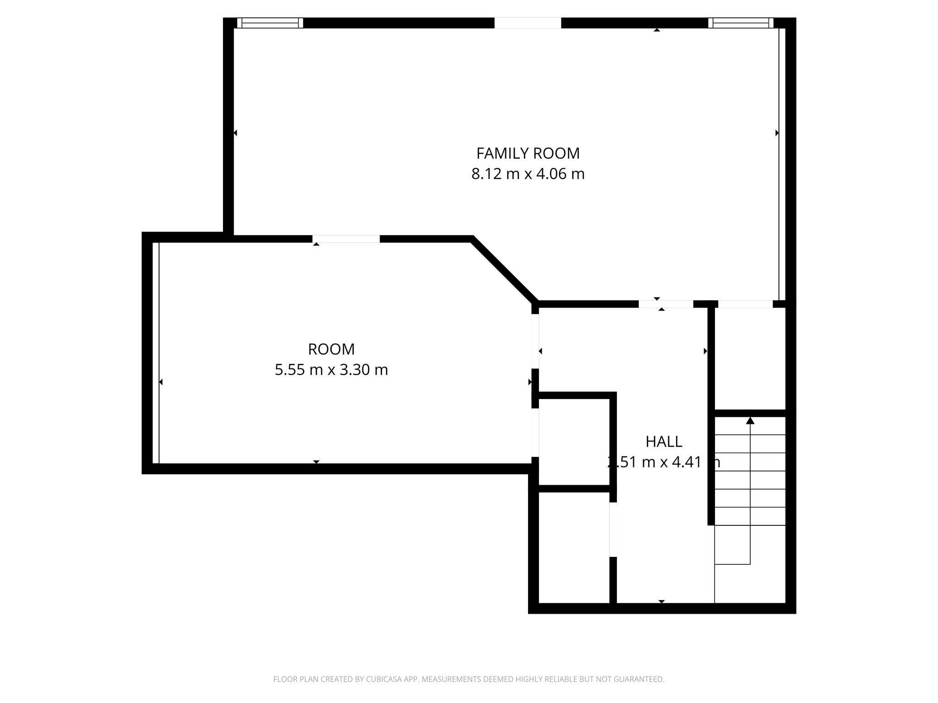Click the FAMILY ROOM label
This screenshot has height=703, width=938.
click(528, 153)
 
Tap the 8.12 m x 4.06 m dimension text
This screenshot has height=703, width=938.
click(528, 174)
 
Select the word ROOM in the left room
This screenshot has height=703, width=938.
click(331, 349)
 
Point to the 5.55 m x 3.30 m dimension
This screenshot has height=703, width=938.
click(331, 370)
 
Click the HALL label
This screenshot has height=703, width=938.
click(664, 442)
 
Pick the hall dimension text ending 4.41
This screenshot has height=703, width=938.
click(664, 462)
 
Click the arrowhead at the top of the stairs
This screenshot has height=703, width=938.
click(750, 420)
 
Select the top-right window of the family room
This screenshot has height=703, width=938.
click(741, 23)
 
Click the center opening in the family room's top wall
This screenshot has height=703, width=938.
click(528, 23)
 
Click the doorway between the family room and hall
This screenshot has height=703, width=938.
click(666, 304)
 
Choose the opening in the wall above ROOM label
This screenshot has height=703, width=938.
click(346, 238)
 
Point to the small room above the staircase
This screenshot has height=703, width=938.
click(750, 358)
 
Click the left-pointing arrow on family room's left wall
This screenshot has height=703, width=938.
click(235, 133)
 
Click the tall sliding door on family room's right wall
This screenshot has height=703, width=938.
click(779, 165)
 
